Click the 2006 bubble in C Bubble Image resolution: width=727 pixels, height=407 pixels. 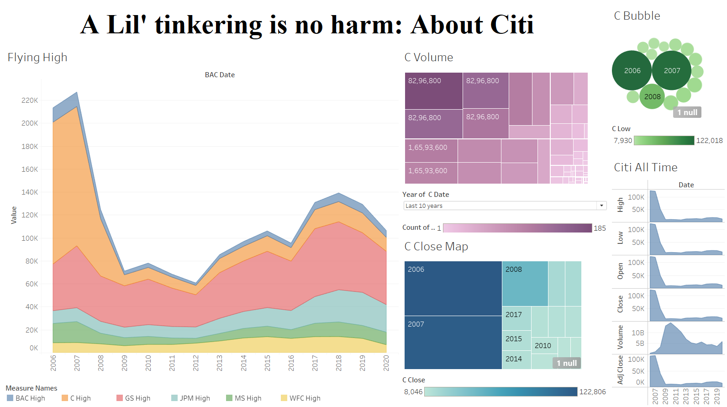point(632,70)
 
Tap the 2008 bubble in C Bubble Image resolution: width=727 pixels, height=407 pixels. point(652,96)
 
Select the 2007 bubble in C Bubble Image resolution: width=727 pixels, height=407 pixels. point(672,70)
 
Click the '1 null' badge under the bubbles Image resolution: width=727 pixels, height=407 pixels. point(687,112)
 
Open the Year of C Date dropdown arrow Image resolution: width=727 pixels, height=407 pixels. point(601,206)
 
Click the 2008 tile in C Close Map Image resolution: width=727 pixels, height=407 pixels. point(525,284)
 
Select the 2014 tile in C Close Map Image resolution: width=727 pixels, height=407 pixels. point(516,359)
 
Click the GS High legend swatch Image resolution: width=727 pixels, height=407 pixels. point(120,398)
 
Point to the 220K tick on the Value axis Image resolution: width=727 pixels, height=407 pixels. point(30,100)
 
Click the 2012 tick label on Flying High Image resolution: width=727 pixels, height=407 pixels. point(196,363)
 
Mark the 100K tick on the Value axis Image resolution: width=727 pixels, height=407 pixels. point(30,238)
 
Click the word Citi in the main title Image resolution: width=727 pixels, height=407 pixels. point(511,25)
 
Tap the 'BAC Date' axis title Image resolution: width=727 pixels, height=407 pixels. point(220,75)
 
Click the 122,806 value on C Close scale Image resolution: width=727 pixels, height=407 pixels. point(592,391)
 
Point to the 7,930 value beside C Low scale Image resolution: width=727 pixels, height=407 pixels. point(622,141)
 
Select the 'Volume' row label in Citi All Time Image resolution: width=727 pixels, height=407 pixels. point(620,338)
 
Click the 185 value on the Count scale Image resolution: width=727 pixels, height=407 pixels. point(600,228)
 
